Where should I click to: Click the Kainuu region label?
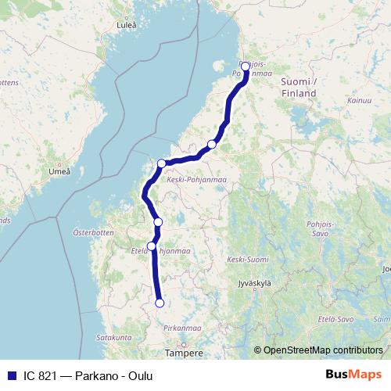click(x=360, y=101)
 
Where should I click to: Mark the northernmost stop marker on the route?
click(x=246, y=66)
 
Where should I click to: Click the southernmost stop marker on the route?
click(x=160, y=303)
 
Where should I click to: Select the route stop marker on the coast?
click(x=161, y=163)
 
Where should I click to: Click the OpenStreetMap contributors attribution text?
click(x=324, y=351)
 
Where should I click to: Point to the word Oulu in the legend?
click(x=140, y=376)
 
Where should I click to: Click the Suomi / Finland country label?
click(x=298, y=87)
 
